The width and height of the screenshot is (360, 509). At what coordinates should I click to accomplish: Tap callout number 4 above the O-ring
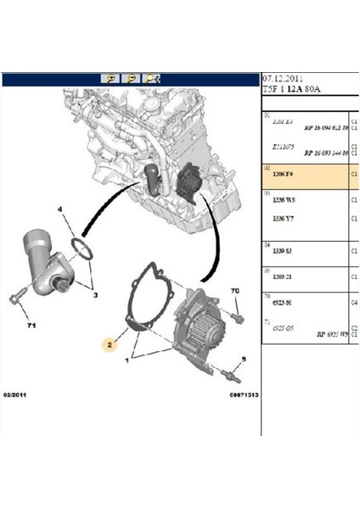tap(60, 209)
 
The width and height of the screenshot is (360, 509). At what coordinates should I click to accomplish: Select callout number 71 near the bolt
tap(31, 325)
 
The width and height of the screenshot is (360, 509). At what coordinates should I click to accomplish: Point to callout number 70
tap(234, 291)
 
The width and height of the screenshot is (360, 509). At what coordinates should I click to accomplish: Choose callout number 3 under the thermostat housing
tap(96, 294)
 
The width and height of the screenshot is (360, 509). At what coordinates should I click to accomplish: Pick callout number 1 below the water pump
tap(129, 361)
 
